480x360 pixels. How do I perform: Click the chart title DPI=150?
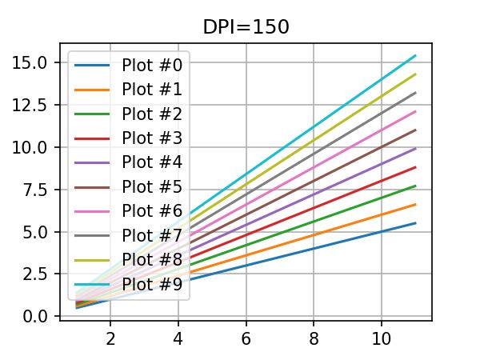(x=246, y=26)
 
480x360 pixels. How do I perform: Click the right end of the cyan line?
(x=415, y=55)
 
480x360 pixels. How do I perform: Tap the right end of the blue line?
(x=415, y=223)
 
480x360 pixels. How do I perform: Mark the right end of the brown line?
(x=415, y=130)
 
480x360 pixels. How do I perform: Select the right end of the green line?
(x=415, y=186)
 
